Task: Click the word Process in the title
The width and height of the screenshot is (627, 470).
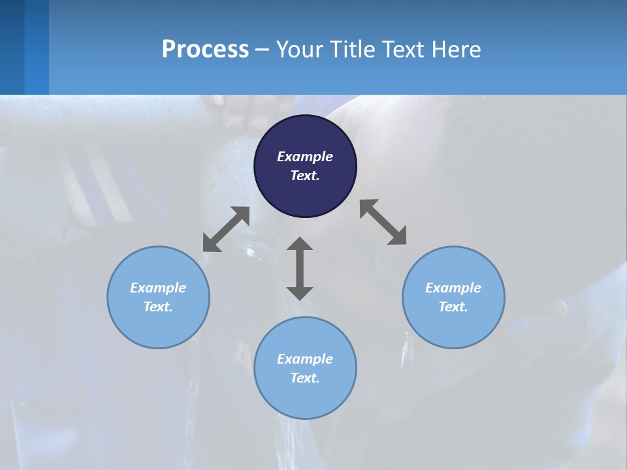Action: (x=205, y=50)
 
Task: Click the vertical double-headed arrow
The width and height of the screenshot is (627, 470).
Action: (x=300, y=268)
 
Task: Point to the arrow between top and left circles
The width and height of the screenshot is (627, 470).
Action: (x=226, y=229)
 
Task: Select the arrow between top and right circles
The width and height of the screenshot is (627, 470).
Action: (x=383, y=222)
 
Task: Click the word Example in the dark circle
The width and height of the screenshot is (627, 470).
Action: (x=305, y=157)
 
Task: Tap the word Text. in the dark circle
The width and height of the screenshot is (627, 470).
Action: (x=305, y=176)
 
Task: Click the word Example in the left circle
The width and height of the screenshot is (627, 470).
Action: (x=158, y=288)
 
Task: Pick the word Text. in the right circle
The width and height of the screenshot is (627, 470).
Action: (x=453, y=307)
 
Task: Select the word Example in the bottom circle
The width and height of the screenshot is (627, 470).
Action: (x=305, y=359)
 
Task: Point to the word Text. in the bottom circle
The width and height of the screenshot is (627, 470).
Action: (x=305, y=378)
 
